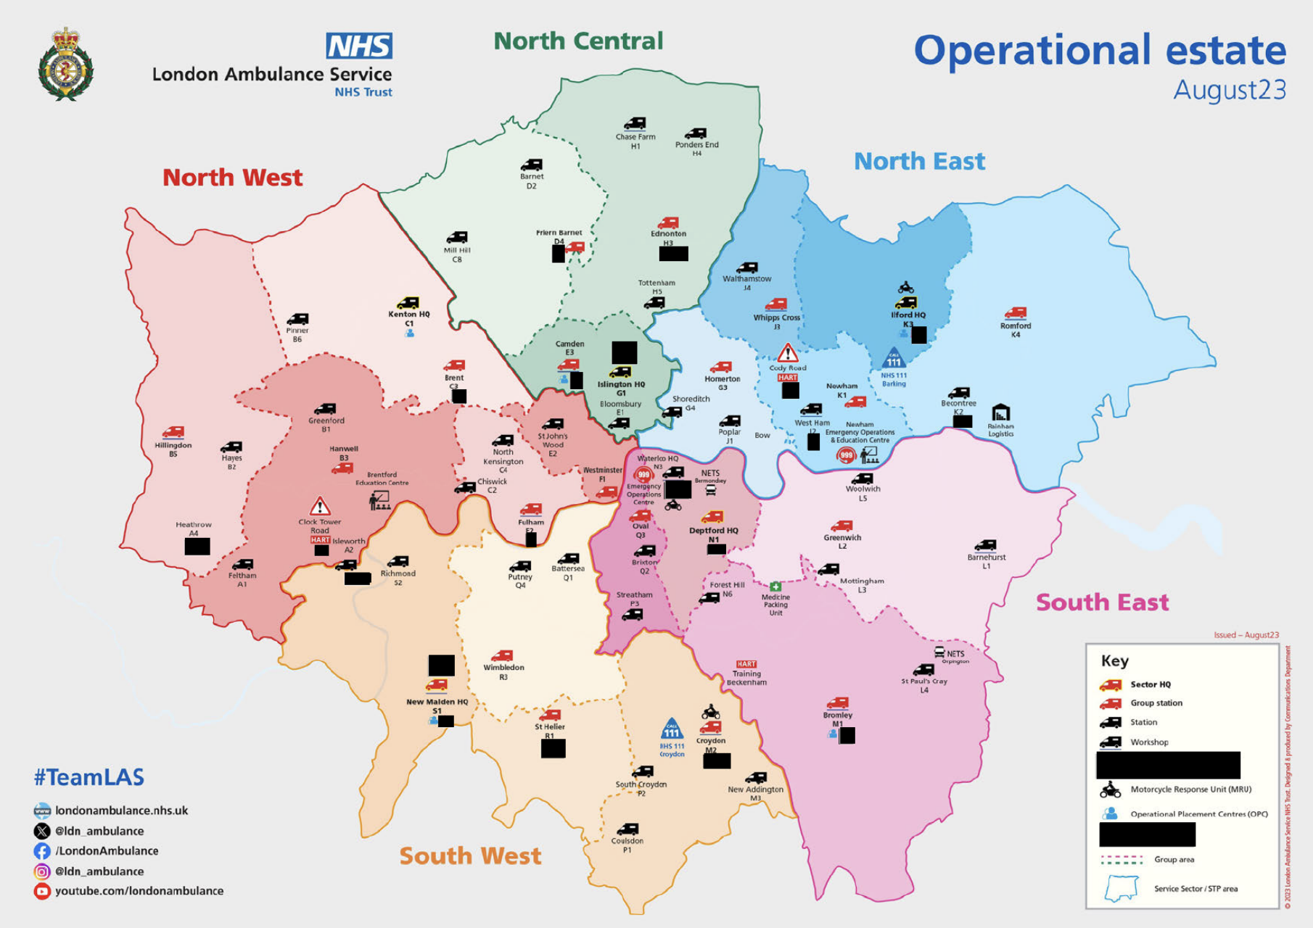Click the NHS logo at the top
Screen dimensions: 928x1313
coord(359,46)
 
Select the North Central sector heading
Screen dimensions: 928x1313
coord(578,41)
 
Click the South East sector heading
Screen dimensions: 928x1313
coord(1102,602)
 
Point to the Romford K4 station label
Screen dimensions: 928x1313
coord(1015,330)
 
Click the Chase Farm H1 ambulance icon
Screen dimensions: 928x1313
coord(635,124)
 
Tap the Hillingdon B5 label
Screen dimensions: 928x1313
coord(173,449)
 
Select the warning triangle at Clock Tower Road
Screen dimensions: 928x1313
coord(320,505)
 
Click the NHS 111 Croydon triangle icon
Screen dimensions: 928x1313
coord(672,729)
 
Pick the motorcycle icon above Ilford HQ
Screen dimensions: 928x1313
coord(905,288)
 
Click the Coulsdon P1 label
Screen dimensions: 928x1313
coord(627,845)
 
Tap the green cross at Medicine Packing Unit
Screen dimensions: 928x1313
coord(775,586)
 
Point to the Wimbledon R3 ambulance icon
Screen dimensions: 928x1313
coord(502,655)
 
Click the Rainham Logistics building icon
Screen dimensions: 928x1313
coord(1000,413)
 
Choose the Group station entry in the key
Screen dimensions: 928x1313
coord(1156,703)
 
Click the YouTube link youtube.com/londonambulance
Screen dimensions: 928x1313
coord(139,891)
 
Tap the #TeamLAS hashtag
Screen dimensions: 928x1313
coord(89,777)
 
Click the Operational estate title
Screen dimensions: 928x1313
coord(1099,51)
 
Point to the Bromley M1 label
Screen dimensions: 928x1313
coord(837,719)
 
